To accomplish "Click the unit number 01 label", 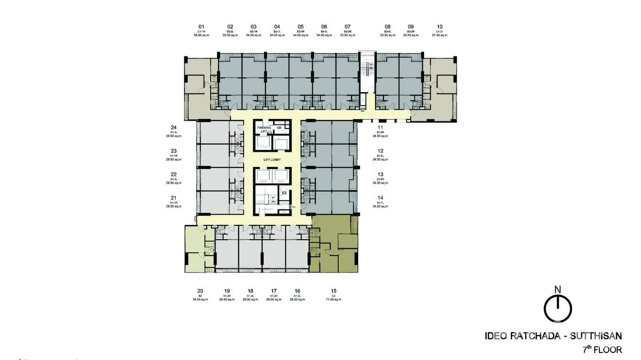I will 202,27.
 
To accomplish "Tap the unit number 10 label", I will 439,27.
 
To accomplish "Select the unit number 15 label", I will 333,291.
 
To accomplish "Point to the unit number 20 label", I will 200,291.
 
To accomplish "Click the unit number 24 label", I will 174,127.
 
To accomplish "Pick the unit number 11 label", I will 380,127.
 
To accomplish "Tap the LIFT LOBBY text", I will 272,159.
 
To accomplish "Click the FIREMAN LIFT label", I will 264,130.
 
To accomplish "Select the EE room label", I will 284,193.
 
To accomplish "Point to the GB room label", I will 279,127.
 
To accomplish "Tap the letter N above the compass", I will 557,289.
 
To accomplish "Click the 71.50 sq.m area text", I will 333,299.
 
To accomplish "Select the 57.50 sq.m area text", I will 439,35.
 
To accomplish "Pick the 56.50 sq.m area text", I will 202,35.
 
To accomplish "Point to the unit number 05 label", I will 300,27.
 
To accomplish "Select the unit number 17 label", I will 274,291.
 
